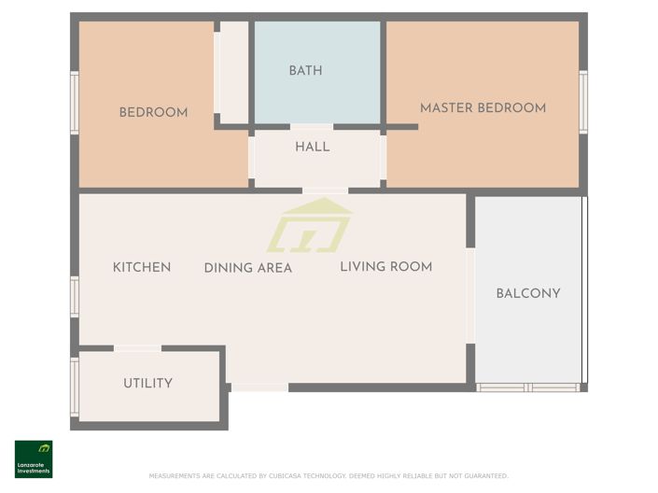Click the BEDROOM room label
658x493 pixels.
coord(153,113)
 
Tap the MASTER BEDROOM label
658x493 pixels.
coord(483,108)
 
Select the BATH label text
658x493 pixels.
coord(305,71)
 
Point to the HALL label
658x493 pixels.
coord(312,147)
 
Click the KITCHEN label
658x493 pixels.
coord(142,267)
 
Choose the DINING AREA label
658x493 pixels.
coord(248,268)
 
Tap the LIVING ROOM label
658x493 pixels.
coord(385,267)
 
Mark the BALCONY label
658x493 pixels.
coord(528,293)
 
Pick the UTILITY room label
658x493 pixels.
coord(147,383)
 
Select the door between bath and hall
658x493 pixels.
coord(312,126)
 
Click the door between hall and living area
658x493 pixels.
coord(325,190)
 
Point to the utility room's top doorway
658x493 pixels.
coord(137,348)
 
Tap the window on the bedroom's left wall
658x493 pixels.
coord(75,103)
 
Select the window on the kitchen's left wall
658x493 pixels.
coord(75,296)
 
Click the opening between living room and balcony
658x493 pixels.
coord(470,295)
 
